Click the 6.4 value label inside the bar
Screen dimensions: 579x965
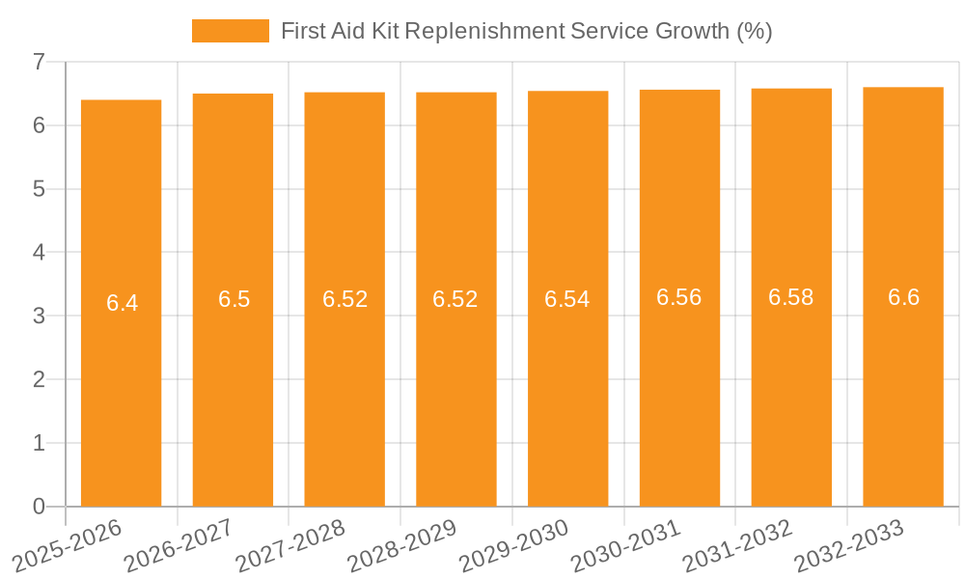(122, 303)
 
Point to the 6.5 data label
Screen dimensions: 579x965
(234, 299)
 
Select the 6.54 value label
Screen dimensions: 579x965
(567, 299)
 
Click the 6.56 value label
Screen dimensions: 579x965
(679, 297)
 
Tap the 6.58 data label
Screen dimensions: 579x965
(791, 297)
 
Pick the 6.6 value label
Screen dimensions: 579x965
(903, 297)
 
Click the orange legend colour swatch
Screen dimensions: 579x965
(231, 31)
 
